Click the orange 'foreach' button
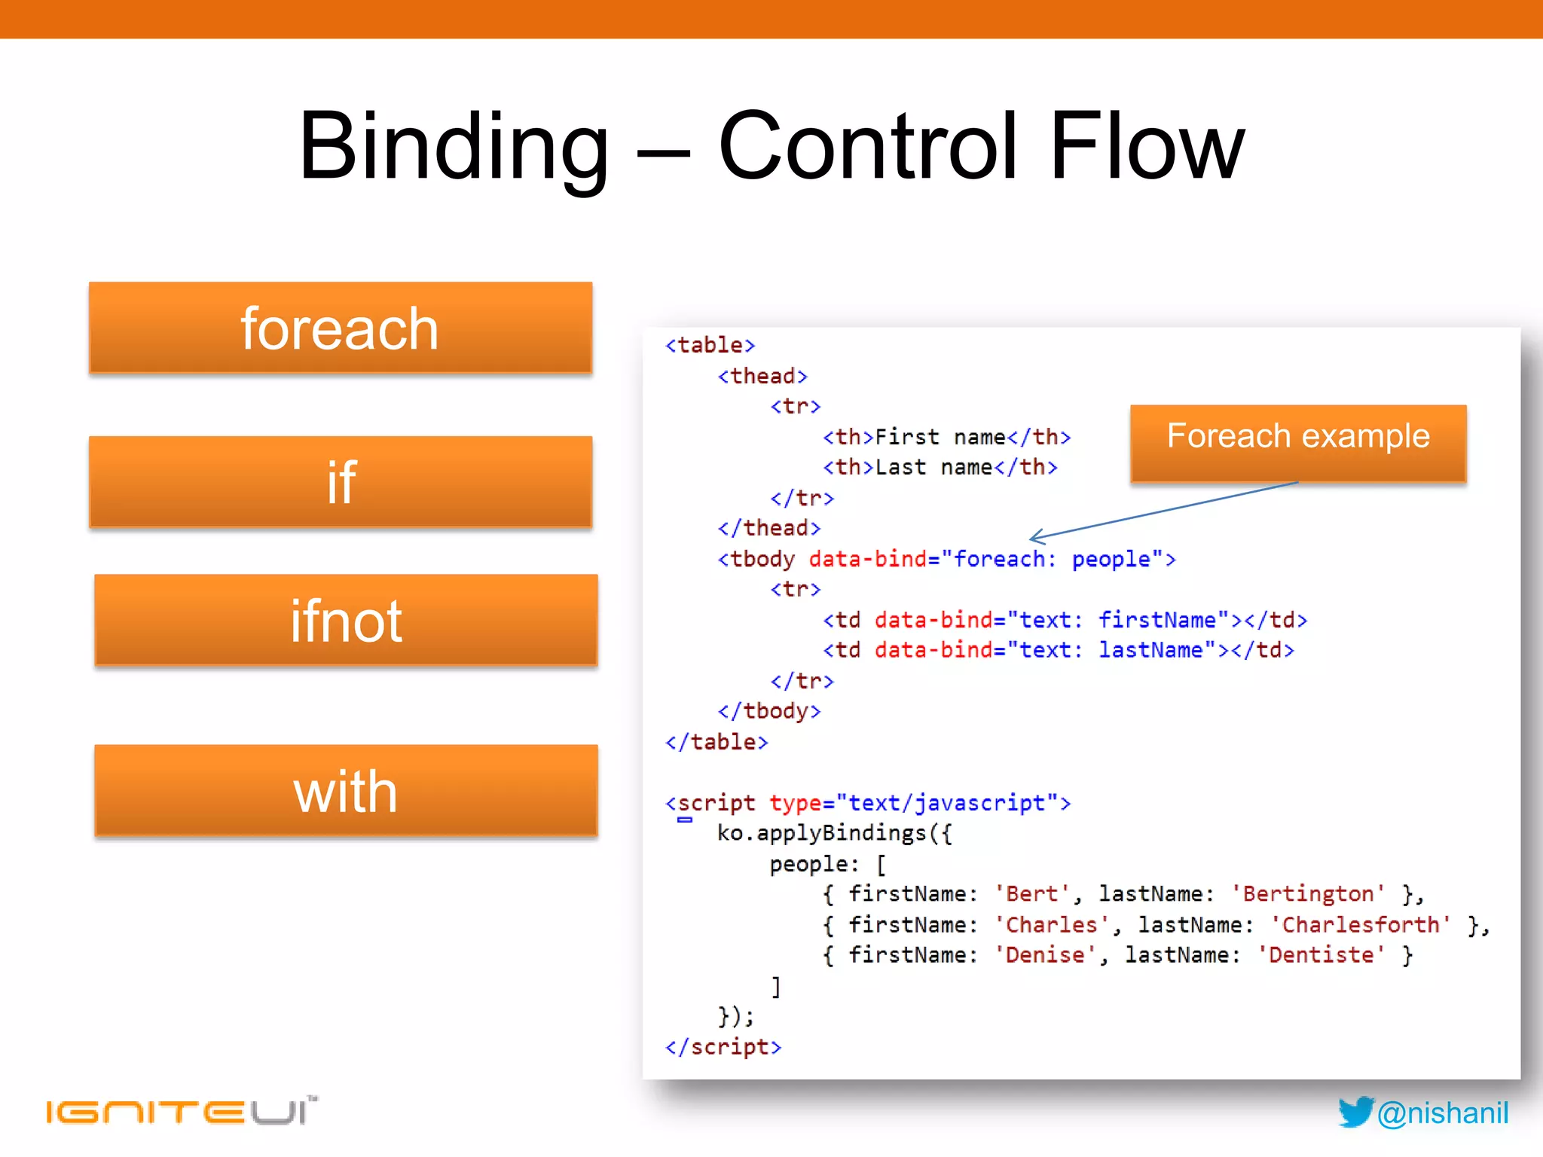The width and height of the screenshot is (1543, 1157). click(340, 328)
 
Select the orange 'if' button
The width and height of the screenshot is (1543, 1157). click(340, 482)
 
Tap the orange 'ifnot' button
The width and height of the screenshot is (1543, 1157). click(346, 621)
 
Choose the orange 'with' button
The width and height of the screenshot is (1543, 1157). click(346, 791)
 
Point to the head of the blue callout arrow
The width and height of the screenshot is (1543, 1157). click(1032, 539)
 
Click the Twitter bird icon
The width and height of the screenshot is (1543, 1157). click(1355, 1112)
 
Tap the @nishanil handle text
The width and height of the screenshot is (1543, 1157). click(1443, 1113)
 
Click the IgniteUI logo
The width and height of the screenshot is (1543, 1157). click(181, 1110)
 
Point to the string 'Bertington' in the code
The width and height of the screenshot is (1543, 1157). click(1308, 894)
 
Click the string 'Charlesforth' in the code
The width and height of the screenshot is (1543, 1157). click(1361, 925)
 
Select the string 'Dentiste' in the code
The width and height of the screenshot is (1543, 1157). click(1321, 955)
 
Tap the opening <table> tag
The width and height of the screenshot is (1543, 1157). click(710, 345)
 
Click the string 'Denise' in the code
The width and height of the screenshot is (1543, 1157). click(1044, 955)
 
